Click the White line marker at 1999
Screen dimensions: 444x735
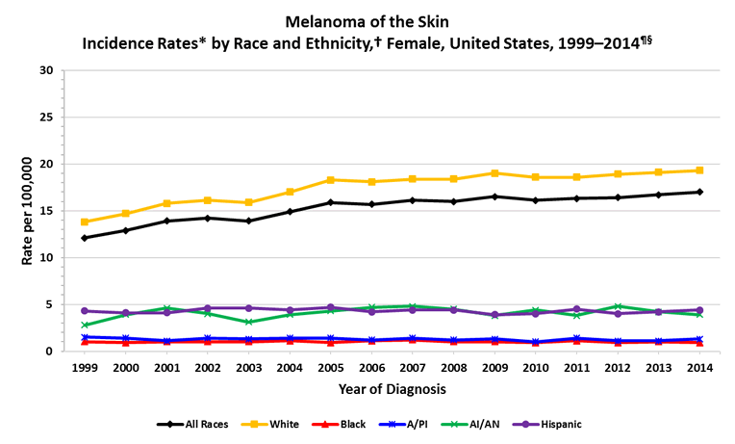86,222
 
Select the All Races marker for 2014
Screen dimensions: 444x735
699,192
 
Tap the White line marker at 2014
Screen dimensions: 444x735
699,170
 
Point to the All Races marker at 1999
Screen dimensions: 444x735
86,238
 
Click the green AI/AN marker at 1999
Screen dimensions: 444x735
86,326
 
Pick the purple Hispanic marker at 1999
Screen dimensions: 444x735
86,311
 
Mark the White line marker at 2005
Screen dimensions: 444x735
331,180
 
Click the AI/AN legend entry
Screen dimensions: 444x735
484,424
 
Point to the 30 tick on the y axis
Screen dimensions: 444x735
46,70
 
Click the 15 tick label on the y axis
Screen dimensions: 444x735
46,211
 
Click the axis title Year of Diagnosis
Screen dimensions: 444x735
392,390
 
